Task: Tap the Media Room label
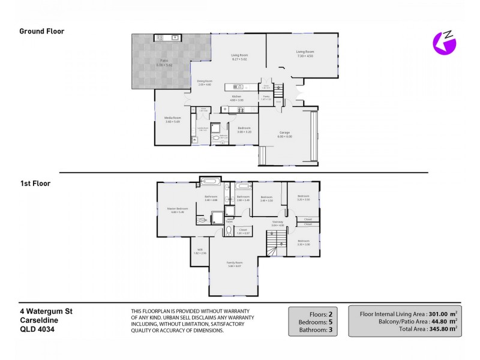click(172, 119)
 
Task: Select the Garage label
click(284, 134)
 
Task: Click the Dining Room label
click(205, 82)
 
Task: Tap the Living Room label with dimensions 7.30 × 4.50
click(305, 53)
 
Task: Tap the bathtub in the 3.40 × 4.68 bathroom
click(211, 180)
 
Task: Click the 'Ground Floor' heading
click(42, 31)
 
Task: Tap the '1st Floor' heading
click(35, 184)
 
